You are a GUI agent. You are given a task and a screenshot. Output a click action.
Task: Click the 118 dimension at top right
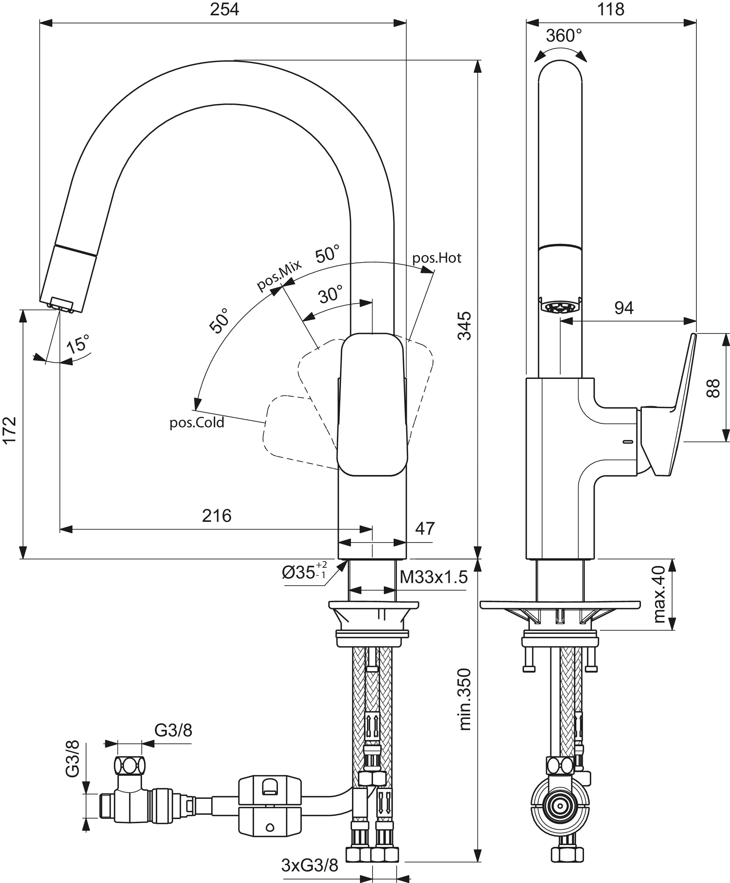611,9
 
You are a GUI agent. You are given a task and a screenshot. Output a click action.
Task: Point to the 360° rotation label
563,36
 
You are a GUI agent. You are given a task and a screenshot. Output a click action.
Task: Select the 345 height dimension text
465,326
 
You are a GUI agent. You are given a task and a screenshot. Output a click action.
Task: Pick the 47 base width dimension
425,529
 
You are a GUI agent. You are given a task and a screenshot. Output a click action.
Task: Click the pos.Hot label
436,258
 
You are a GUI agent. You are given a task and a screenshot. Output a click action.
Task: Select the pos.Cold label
197,423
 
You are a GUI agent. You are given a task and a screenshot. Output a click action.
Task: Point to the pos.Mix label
279,275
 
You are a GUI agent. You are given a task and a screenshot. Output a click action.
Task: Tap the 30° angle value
331,295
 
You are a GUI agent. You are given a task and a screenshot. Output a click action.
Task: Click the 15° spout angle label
78,343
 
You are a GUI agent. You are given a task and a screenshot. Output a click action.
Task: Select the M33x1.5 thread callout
433,577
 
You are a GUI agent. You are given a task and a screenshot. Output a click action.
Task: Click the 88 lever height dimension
713,388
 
